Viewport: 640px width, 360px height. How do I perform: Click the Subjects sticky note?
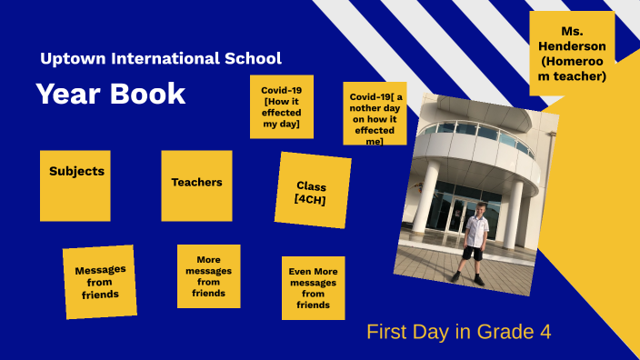[x=75, y=185]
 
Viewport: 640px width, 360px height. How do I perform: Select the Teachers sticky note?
[x=196, y=185]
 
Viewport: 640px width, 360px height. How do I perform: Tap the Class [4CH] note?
[x=312, y=190]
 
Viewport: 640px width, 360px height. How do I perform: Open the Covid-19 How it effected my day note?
[x=282, y=106]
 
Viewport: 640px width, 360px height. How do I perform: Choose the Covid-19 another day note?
[x=375, y=114]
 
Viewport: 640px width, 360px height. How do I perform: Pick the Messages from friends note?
[x=100, y=281]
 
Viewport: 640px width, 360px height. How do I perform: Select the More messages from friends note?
[x=208, y=276]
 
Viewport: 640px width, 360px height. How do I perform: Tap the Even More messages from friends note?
[x=313, y=287]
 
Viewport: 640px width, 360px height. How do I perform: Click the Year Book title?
[x=111, y=94]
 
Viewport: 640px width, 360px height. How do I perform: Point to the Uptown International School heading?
[x=161, y=58]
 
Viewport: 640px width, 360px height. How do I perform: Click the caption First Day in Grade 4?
[x=458, y=332]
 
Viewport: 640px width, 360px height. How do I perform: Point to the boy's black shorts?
[x=474, y=252]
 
